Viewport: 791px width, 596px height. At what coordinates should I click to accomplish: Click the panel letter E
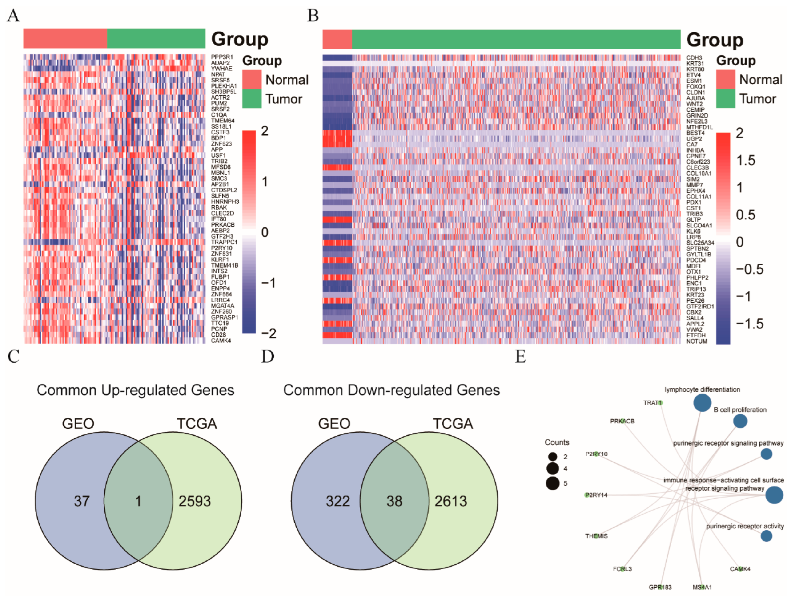coord(520,357)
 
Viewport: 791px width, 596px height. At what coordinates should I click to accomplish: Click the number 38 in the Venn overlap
coord(394,501)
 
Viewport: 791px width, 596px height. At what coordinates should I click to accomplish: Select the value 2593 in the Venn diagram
coord(195,501)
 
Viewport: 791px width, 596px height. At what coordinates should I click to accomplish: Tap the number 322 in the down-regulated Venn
coord(337,501)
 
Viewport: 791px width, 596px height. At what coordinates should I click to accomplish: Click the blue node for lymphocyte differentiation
coord(702,403)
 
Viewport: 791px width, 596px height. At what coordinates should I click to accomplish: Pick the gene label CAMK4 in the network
coord(740,569)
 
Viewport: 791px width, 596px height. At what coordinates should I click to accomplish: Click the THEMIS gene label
coord(596,536)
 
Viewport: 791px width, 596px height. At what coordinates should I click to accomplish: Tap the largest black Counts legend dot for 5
coord(553,483)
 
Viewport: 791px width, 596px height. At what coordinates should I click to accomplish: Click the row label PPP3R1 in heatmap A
coord(222,57)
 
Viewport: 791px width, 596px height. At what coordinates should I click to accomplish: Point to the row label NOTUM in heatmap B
coord(696,341)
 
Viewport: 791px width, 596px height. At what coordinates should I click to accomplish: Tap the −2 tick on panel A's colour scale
coord(269,333)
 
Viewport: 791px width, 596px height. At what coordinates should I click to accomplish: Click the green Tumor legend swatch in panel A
coord(252,99)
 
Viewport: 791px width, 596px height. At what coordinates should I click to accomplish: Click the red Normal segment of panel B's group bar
coord(337,39)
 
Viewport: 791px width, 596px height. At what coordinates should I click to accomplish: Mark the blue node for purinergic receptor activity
coord(766,536)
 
